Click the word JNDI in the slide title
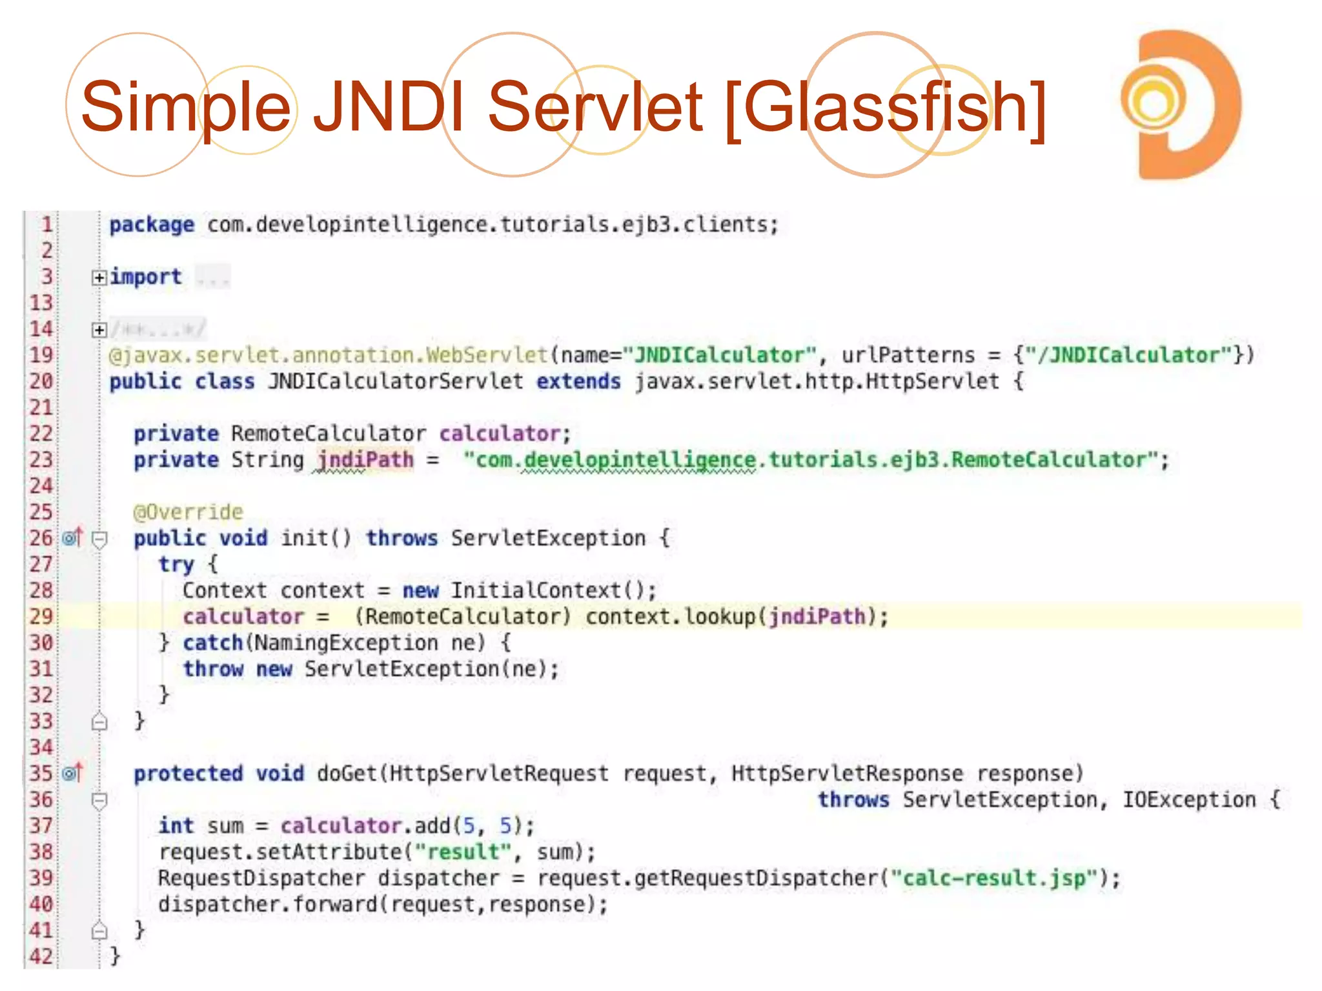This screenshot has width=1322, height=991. pyautogui.click(x=389, y=106)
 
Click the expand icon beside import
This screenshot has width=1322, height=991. pyautogui.click(x=99, y=277)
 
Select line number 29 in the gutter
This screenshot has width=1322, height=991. pyautogui.click(x=41, y=616)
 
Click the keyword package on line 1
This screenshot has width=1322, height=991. pyautogui.click(x=151, y=225)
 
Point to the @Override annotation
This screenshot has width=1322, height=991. pyautogui.click(x=188, y=512)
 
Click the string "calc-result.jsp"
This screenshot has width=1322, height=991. pyautogui.click(x=994, y=877)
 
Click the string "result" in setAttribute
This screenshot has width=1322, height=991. pyautogui.click(x=463, y=852)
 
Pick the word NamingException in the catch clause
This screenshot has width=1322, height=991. pyautogui.click(x=345, y=643)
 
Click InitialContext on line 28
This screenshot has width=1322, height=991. pyautogui.click(x=535, y=590)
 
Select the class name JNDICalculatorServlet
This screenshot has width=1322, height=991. pyautogui.click(x=396, y=381)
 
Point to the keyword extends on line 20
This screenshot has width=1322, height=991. pyautogui.click(x=578, y=381)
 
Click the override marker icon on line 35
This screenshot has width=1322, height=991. pyautogui.click(x=73, y=772)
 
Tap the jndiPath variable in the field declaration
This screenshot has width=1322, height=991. pyautogui.click(x=365, y=459)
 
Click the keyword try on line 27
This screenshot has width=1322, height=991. pyautogui.click(x=176, y=564)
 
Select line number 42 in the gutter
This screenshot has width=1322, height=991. pyautogui.click(x=41, y=956)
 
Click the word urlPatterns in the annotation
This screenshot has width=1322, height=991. pyautogui.click(x=908, y=355)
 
